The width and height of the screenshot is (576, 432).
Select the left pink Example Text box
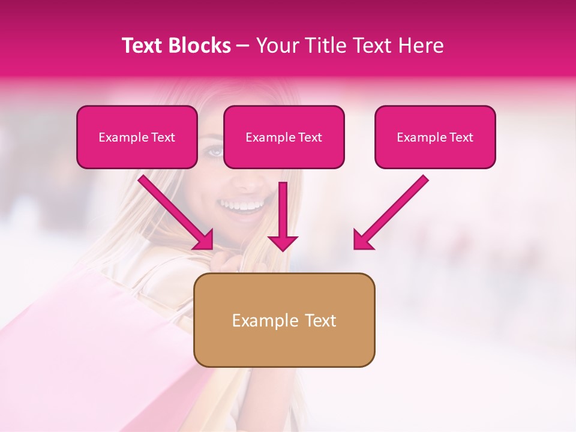click(137, 137)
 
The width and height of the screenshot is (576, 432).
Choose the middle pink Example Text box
click(284, 137)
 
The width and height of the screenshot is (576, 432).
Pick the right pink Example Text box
click(435, 137)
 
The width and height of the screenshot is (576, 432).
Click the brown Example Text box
click(284, 320)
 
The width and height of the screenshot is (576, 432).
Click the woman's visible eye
click(215, 151)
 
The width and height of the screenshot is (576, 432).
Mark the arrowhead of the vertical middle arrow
click(283, 242)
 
